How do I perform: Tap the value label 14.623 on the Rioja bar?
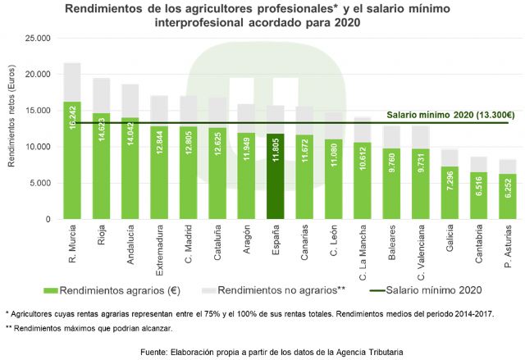tap(103, 130)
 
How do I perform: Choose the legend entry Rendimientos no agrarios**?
tap(280, 289)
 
